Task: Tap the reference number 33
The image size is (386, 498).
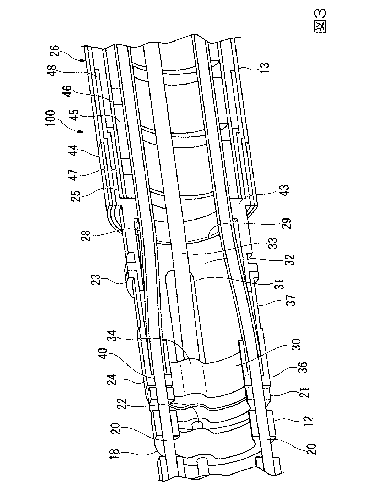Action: [273, 244]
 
